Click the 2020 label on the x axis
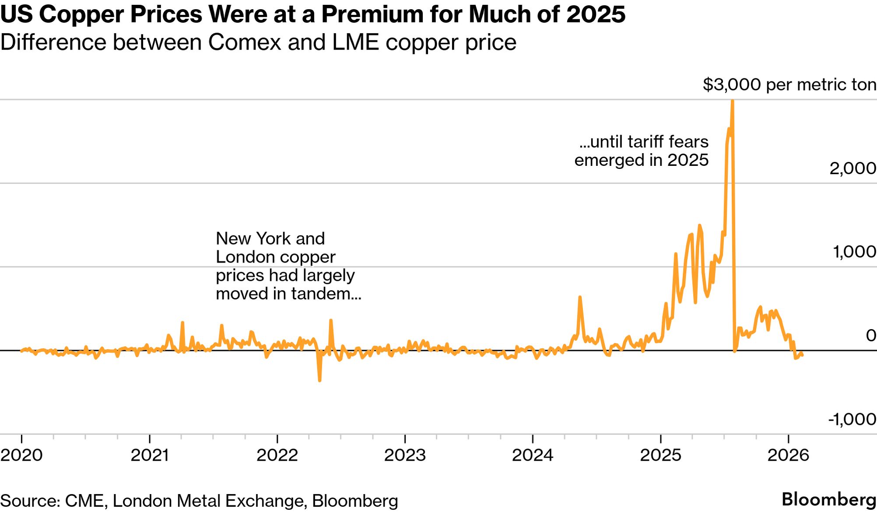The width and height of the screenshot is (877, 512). click(x=21, y=456)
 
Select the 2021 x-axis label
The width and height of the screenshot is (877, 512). click(x=150, y=456)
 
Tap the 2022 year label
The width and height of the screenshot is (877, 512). click(x=277, y=456)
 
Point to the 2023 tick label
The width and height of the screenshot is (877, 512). click(x=405, y=456)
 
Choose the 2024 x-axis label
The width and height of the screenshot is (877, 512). click(x=533, y=456)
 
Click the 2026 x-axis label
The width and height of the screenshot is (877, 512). click(x=788, y=456)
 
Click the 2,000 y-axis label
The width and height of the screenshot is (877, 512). click(x=852, y=168)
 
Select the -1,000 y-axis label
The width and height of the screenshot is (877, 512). click(x=852, y=419)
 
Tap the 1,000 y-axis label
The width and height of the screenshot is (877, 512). click(x=854, y=252)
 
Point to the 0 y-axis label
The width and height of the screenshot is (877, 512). click(x=871, y=336)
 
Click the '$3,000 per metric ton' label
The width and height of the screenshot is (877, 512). click(x=789, y=84)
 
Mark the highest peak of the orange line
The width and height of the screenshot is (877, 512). click(x=732, y=101)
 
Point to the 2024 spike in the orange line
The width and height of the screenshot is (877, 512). click(x=580, y=298)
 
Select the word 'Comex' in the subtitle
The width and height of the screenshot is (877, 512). click(x=244, y=42)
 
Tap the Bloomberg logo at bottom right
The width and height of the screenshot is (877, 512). click(x=828, y=500)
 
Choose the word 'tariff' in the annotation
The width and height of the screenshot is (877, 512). click(x=646, y=142)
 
